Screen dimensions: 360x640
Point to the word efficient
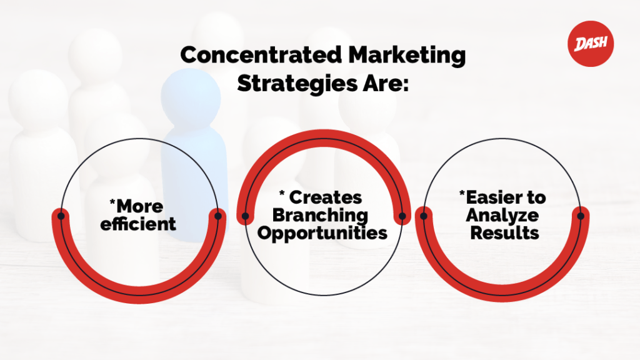pos(139,224)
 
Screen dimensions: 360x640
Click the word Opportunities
pos(322,233)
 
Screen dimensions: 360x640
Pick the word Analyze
pos(505,216)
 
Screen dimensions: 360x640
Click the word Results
pos(505,233)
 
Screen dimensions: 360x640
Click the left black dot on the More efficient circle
pos(61,216)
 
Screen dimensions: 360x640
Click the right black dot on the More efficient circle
pos(217,216)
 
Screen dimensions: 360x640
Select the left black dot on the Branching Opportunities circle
pos(245,217)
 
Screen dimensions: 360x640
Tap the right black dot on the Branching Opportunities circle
pos(402,217)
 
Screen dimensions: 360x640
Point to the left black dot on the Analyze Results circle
pos(424,216)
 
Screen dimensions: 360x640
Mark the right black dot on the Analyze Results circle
pos(581,216)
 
